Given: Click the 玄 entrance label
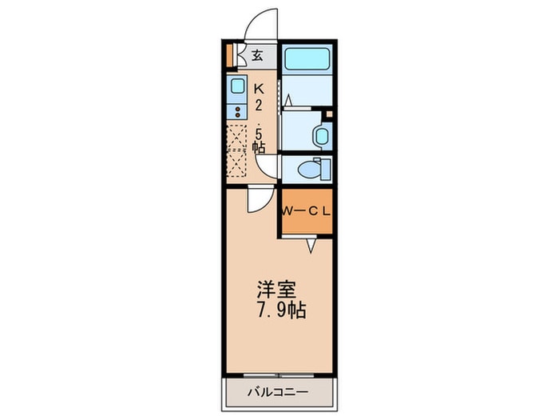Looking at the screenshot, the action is click(x=257, y=55).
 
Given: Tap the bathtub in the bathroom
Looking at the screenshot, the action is click(x=307, y=59).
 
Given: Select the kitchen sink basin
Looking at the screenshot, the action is click(x=237, y=86).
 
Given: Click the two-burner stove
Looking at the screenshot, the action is click(x=237, y=112).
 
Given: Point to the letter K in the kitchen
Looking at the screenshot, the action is click(x=259, y=88).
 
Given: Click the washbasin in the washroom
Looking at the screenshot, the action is click(x=322, y=136).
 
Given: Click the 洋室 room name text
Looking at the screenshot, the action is click(x=277, y=290).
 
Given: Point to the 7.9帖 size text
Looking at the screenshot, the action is click(x=281, y=310).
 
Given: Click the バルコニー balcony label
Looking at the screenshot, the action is click(x=278, y=393).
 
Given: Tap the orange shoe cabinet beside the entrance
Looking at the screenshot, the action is click(x=230, y=55).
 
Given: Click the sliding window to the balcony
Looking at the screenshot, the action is click(x=279, y=375).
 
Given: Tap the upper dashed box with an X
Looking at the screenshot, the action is click(x=237, y=137).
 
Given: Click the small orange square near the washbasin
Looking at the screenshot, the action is click(x=329, y=114).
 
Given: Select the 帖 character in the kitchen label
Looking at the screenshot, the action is click(x=259, y=146).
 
